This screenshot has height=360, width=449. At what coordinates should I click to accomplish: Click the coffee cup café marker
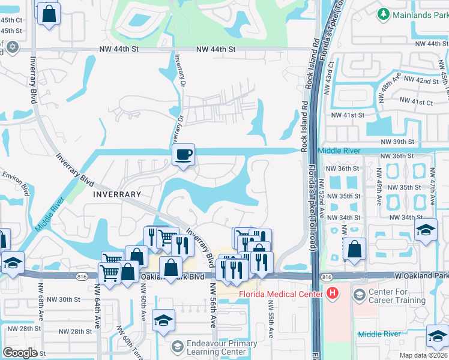(183, 154)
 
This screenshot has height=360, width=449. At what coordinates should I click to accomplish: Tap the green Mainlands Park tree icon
(383, 13)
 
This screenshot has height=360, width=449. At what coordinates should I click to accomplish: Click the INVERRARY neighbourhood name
(117, 194)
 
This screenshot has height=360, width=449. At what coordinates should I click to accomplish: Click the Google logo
(20, 353)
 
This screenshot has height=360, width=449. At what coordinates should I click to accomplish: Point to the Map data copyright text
(423, 355)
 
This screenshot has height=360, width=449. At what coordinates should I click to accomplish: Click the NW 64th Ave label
(97, 305)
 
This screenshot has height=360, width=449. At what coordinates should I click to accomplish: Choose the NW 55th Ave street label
(271, 313)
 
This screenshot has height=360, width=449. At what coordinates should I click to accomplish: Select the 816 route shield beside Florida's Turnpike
(327, 277)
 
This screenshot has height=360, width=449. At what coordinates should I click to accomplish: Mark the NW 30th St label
(64, 299)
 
